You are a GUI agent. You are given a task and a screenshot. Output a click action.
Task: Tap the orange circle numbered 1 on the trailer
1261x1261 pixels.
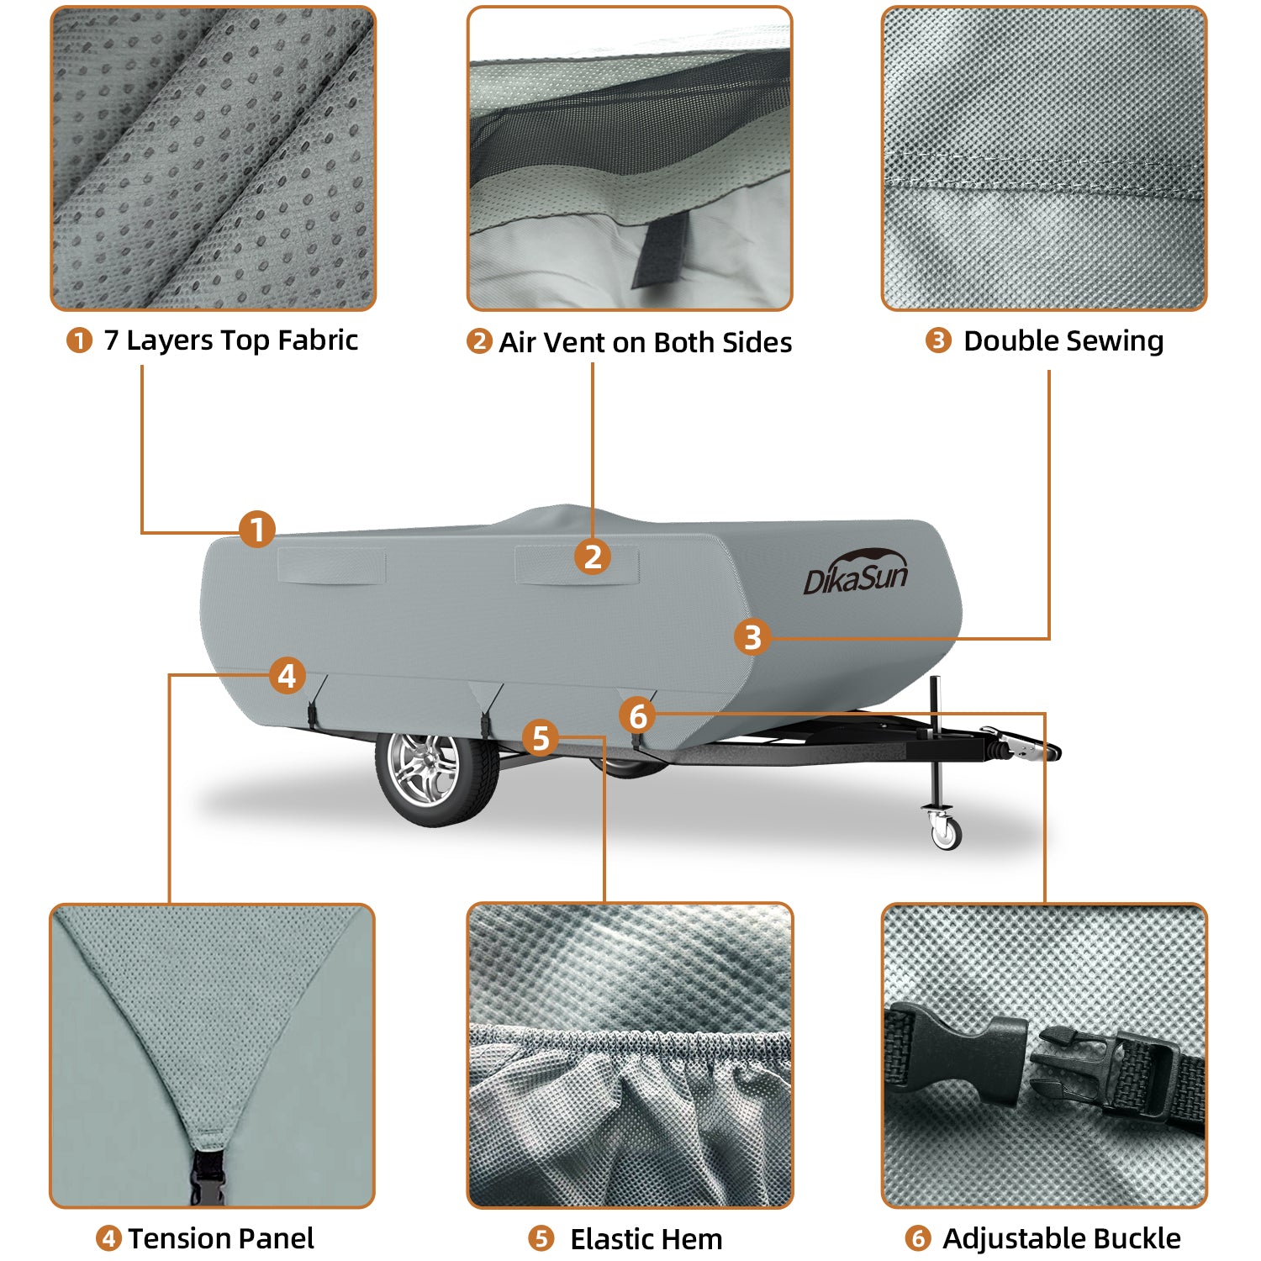[x=257, y=530]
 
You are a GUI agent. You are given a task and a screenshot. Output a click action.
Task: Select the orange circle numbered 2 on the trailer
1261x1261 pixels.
[x=593, y=557]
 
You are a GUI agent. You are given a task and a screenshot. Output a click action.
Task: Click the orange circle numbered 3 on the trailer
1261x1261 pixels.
[x=752, y=637]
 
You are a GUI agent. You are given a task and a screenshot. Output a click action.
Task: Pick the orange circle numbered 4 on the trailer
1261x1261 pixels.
[x=288, y=676]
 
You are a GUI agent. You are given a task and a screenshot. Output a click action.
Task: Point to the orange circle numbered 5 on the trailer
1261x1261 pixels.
[x=541, y=739]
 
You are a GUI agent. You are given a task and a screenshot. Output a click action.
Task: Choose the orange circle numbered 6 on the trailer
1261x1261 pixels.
[x=638, y=716]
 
